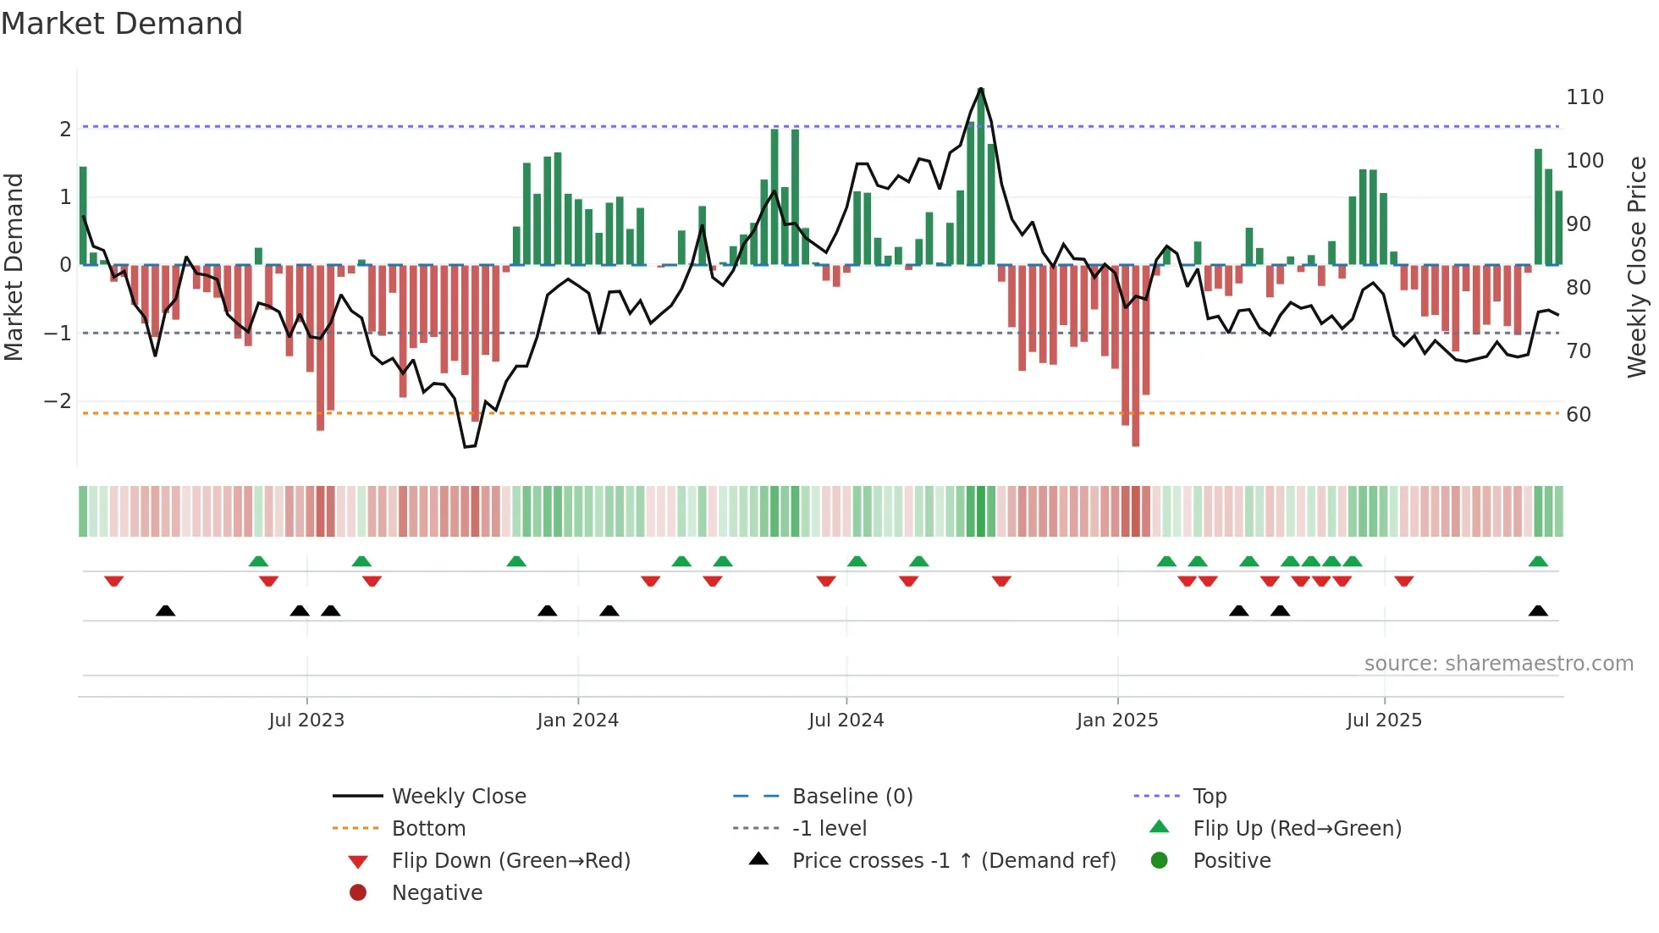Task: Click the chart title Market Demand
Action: (x=122, y=24)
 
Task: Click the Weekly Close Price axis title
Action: (x=1637, y=267)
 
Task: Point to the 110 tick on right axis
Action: (x=1585, y=97)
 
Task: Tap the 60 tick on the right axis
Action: (x=1579, y=415)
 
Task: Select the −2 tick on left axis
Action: (x=58, y=401)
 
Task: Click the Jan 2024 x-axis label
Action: (x=577, y=720)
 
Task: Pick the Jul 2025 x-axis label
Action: (x=1384, y=720)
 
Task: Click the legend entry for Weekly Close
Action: (x=458, y=797)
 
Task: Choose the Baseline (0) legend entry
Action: (x=852, y=797)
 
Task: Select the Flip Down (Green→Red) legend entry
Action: (x=510, y=861)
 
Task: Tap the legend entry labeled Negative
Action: (x=437, y=893)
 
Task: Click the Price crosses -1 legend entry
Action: (x=953, y=861)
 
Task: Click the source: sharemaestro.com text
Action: (x=1498, y=664)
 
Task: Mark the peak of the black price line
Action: (x=980, y=89)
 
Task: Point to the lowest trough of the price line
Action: (x=466, y=446)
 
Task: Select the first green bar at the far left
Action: (x=83, y=216)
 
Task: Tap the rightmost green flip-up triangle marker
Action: (x=1538, y=561)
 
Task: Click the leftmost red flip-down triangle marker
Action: (x=114, y=581)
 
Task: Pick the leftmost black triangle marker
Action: (x=166, y=610)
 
